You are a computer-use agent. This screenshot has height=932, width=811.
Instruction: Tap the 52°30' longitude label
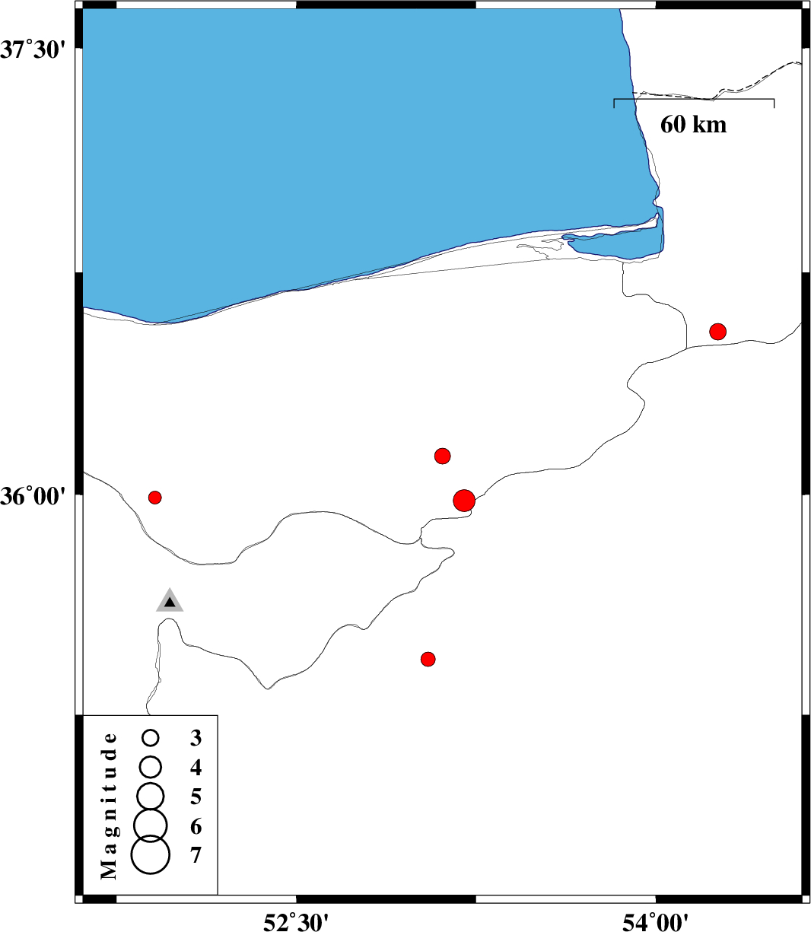click(x=296, y=921)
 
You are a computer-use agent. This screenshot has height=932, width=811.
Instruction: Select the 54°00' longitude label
click(x=656, y=921)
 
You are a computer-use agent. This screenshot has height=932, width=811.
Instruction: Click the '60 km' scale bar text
click(x=693, y=125)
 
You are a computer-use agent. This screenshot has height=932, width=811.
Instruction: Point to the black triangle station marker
click(x=170, y=602)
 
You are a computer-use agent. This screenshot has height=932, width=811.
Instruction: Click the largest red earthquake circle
click(x=464, y=501)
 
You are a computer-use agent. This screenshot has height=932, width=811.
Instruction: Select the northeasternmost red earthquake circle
click(x=717, y=332)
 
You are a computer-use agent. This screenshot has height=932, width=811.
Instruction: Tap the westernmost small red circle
click(x=155, y=498)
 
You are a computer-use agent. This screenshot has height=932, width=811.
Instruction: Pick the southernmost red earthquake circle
click(x=428, y=659)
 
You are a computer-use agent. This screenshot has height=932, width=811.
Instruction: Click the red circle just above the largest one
click(x=443, y=456)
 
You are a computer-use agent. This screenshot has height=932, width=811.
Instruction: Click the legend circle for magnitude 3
click(x=151, y=738)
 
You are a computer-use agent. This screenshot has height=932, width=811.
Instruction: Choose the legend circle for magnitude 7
click(x=151, y=854)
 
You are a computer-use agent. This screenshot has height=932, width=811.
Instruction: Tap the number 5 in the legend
click(x=196, y=797)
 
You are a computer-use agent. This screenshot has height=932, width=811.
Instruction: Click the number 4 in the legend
click(x=196, y=768)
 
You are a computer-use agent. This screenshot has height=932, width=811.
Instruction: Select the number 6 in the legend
click(x=196, y=826)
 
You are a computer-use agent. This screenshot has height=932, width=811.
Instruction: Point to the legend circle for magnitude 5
click(x=151, y=795)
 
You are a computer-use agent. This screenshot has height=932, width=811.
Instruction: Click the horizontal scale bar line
click(x=694, y=99)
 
